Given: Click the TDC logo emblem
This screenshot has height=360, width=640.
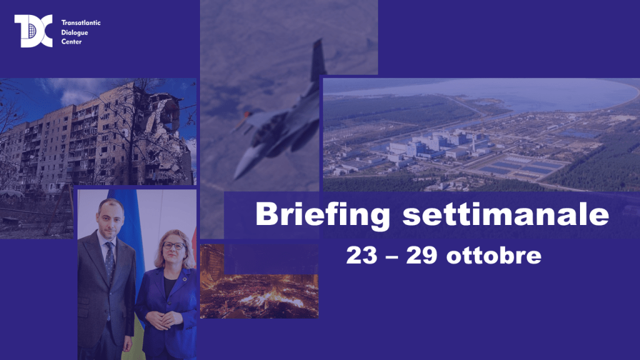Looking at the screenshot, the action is click(x=34, y=31).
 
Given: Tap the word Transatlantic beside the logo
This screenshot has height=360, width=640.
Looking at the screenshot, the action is click(x=81, y=23).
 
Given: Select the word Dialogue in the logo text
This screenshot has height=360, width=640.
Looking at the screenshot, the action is click(x=75, y=32).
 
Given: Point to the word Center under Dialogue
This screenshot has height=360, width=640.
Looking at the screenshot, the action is click(x=71, y=42).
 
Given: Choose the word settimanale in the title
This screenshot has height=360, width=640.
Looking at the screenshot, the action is click(x=506, y=213).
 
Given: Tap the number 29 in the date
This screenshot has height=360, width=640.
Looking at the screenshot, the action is click(x=421, y=255).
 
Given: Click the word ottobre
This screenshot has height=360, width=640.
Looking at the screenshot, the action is click(x=494, y=255).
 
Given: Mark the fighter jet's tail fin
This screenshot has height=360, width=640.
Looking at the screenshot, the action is click(x=318, y=59).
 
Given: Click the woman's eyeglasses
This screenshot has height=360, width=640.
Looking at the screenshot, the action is click(x=174, y=246).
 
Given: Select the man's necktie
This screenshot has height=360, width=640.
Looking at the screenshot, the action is click(x=110, y=261).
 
